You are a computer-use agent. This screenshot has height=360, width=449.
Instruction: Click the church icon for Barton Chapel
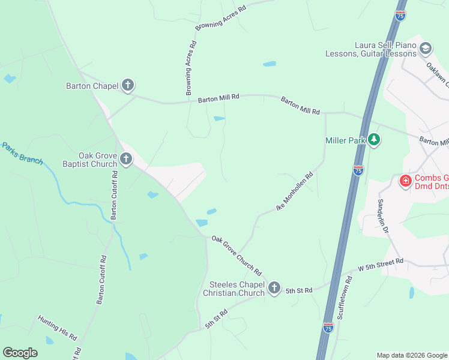(128, 86)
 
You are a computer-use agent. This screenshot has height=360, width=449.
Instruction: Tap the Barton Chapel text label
(92, 86)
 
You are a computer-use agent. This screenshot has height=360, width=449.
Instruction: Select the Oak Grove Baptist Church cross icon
(125, 159)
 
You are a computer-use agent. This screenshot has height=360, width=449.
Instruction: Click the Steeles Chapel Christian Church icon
(274, 288)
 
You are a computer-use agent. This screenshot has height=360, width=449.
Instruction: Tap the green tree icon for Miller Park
(375, 140)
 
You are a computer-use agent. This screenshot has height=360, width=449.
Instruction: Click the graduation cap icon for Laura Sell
(426, 49)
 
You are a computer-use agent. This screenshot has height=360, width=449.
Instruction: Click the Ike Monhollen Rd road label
(295, 191)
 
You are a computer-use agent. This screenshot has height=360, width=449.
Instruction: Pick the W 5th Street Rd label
(381, 265)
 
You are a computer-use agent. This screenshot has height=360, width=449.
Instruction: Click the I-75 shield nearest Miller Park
(358, 170)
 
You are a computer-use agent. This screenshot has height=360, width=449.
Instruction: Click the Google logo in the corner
(20, 353)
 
